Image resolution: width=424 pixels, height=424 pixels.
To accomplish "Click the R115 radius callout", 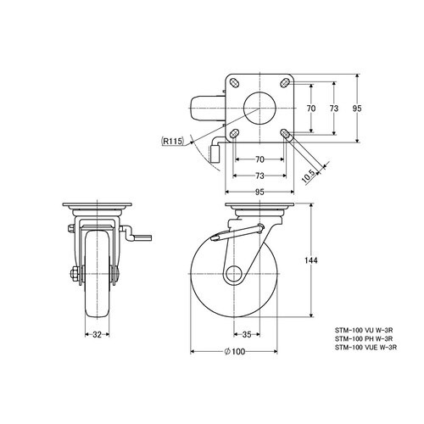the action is point(172,141).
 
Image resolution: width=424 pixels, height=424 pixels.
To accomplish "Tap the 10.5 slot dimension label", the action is point(309,176).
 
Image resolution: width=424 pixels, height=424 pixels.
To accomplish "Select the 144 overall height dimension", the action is point(311,260).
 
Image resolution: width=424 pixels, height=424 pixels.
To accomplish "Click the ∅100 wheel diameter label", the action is point(234,351).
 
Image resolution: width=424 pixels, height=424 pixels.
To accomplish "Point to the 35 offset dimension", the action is point(247,334).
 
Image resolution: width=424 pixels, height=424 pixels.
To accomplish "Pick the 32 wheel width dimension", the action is point(97,335).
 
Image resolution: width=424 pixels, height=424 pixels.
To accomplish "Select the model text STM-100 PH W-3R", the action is point(364,338).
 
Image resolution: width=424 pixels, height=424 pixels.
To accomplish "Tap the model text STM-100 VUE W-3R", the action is point(366,347).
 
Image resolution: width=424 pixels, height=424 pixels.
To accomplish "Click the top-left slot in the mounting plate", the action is point(234,82).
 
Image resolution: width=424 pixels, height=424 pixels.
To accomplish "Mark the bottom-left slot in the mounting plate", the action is point(234,133).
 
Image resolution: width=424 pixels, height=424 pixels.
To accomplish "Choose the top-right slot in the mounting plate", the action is point(285,82).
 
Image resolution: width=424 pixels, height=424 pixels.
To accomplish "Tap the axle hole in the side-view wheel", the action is point(234,274).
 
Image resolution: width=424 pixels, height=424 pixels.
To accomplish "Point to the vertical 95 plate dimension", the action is point(357,109).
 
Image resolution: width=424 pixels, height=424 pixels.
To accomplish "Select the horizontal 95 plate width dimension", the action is point(259,192).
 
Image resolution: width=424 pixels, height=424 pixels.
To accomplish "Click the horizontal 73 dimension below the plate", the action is point(259,176).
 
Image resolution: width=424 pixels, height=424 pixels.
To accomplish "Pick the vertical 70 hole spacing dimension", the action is point(311,109).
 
